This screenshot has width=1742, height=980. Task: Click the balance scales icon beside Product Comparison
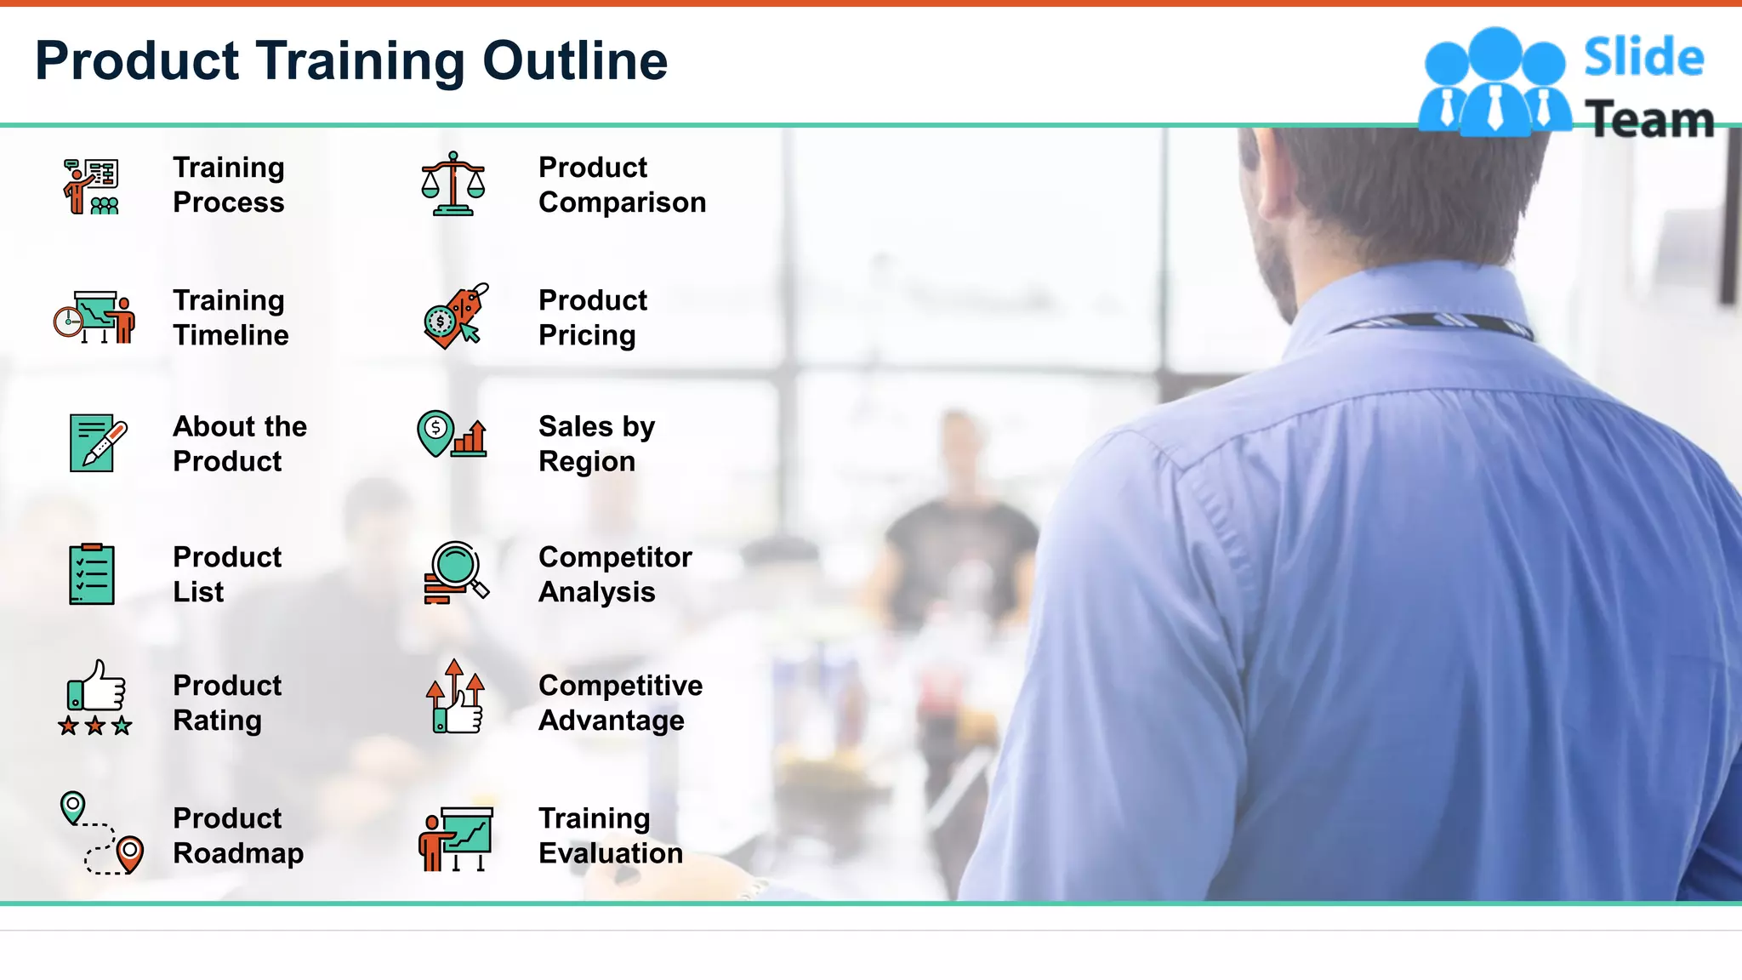[x=453, y=184]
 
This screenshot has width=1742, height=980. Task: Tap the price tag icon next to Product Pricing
[x=455, y=316]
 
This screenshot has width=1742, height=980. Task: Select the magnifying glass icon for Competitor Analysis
[x=455, y=573]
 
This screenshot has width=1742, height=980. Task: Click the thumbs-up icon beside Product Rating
[x=95, y=697]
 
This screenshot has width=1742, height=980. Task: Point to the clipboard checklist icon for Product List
[x=92, y=574]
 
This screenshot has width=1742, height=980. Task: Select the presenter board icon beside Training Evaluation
[x=456, y=838]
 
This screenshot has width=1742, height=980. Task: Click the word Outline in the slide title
[x=575, y=61]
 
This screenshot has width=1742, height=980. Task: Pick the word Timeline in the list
[x=231, y=335]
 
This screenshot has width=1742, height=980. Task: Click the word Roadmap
[x=238, y=853]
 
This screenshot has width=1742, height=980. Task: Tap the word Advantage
[x=611, y=721]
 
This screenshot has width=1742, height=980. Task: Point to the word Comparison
[x=622, y=202]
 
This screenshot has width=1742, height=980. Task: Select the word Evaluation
[x=610, y=853]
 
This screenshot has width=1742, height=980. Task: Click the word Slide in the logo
[x=1643, y=58]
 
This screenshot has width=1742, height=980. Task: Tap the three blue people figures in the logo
[x=1494, y=83]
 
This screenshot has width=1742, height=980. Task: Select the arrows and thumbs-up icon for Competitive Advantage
[x=455, y=697]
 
